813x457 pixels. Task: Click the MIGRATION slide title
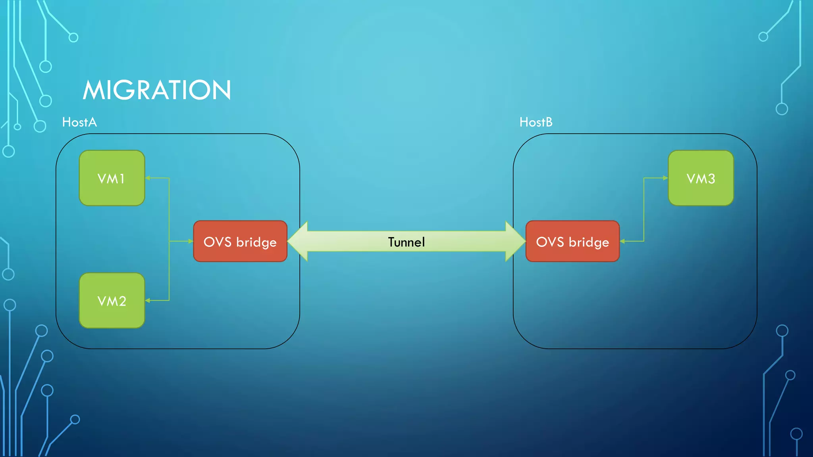coord(157,90)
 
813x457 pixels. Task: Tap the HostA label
coord(79,122)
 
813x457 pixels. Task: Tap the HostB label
coord(536,122)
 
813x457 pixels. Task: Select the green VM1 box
coord(112,178)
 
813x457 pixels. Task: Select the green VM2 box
coord(112,301)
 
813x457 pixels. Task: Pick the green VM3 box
coord(701,178)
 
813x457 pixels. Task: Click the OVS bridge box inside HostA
coord(240,241)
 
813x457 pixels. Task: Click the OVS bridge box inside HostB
coord(572,241)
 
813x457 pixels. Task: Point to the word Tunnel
coord(406,242)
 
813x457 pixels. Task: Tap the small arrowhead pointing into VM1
coord(148,178)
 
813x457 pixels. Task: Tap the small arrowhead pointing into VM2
coord(148,300)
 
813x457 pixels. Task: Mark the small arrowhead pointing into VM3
coord(665,178)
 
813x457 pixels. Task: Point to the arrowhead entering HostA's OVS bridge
coord(191,241)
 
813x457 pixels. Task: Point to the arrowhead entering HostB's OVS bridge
coord(622,241)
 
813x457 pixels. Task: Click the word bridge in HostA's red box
coord(256,242)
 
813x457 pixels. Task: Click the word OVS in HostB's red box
coord(550,242)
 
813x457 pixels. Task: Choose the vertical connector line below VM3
coord(643,210)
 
